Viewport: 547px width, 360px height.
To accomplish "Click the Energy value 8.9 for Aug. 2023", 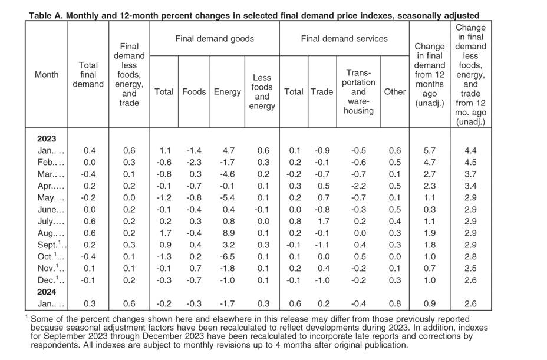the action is [x=229, y=233].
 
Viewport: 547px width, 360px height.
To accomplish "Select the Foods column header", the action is [x=194, y=92].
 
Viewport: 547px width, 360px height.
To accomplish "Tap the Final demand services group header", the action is [x=344, y=39].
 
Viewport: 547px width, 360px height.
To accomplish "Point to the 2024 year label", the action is [x=47, y=292].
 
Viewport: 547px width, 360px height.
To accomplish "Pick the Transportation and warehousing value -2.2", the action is [x=358, y=186].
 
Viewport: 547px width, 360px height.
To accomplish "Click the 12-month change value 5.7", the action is [x=430, y=151].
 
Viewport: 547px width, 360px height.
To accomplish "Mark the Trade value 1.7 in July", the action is [x=324, y=221].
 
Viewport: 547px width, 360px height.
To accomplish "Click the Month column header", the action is [x=47, y=75].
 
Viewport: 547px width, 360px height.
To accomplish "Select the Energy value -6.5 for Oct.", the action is [x=227, y=257].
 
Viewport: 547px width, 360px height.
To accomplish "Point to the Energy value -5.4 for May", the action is [x=227, y=198].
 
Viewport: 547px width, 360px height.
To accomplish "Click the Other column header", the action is [x=395, y=92].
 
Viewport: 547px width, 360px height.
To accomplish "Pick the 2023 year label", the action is [x=47, y=139].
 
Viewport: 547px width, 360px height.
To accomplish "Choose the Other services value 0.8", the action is [x=395, y=304].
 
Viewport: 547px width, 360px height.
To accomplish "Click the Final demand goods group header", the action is [x=215, y=39].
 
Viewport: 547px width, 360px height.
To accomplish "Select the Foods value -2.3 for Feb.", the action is [x=194, y=163].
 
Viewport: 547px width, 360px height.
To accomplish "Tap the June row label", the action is [x=51, y=210].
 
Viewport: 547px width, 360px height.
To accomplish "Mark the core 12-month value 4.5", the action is [x=470, y=163].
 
